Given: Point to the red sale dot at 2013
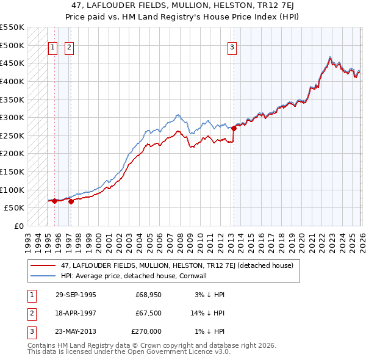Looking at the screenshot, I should point(234,128).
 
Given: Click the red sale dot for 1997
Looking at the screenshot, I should point(71,201).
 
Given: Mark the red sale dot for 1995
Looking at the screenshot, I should point(55,201).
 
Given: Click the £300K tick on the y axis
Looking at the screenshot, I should point(12,117).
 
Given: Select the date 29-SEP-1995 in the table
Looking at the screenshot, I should point(76,295).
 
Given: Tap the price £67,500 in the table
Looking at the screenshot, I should point(148,313).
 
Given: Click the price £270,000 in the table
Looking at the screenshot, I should point(146,331).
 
